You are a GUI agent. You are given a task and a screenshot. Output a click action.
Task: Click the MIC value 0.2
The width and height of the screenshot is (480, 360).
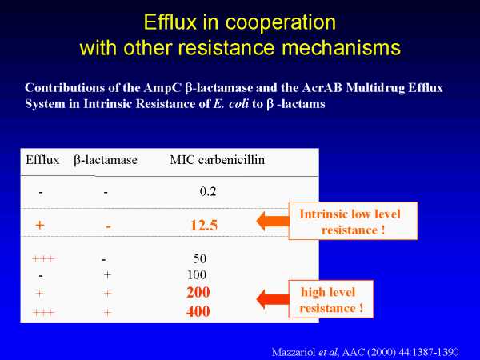pos(208,192)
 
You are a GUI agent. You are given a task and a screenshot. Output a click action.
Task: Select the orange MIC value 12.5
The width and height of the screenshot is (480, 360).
pos(204,226)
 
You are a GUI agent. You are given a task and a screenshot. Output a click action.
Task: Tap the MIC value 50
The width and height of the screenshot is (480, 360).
pos(199,259)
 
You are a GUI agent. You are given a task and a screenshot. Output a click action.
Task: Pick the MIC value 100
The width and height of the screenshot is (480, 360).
pos(197,274)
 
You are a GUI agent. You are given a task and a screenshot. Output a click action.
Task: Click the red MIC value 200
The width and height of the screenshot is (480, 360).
pos(198,292)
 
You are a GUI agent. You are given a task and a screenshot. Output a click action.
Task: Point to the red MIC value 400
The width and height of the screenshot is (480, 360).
pos(198,312)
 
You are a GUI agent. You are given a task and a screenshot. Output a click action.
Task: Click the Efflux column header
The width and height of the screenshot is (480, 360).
pos(42,160)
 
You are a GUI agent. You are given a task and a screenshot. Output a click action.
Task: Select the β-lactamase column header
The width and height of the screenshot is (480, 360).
pos(106,161)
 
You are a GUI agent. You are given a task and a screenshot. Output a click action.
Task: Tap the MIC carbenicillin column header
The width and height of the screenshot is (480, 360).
pos(218,160)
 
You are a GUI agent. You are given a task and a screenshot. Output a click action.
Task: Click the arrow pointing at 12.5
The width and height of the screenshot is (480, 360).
pos(273,221)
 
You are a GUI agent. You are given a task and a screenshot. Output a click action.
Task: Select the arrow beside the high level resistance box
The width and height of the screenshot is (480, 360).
pos(273,299)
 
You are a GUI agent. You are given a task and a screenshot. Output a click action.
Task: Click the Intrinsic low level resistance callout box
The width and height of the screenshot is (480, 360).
pos(353,221)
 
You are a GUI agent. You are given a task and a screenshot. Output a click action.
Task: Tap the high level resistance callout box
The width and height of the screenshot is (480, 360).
pos(331,299)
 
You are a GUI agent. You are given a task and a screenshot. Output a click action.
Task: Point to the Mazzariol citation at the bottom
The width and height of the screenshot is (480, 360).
pos(366,352)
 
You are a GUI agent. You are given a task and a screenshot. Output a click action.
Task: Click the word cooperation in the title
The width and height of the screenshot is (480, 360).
pos(281,23)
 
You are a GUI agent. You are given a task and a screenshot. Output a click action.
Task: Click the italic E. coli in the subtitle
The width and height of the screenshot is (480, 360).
pos(231,104)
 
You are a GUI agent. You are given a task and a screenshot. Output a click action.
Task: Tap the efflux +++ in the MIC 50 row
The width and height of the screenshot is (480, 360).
pos(43,259)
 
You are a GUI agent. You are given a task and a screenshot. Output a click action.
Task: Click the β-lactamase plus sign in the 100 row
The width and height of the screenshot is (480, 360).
pos(107,275)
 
